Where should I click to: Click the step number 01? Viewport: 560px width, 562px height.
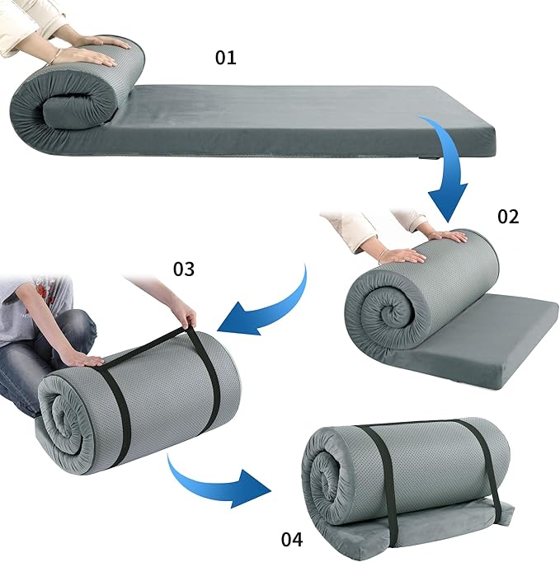(226, 58)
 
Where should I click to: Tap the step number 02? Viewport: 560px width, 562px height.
(508, 217)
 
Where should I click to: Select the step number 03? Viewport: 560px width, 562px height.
(184, 269)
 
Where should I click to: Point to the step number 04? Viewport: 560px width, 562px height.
(292, 540)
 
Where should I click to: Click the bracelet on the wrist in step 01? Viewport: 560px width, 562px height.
(55, 55)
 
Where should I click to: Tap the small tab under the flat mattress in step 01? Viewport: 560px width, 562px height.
(430, 157)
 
